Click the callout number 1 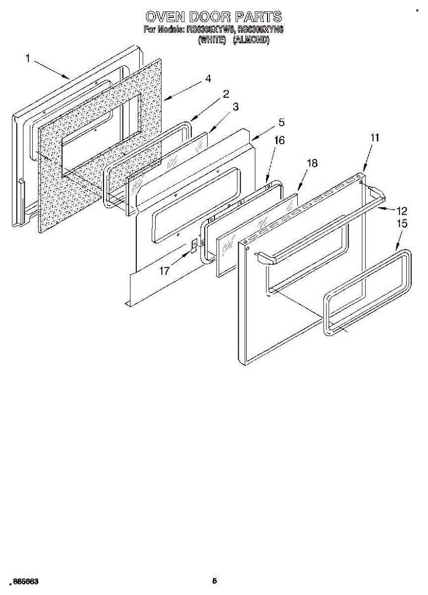tap(29, 59)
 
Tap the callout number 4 tap(209, 79)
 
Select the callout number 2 tap(225, 93)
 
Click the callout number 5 tap(281, 122)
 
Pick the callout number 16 tap(279, 141)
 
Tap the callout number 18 tap(313, 163)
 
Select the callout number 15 tap(402, 224)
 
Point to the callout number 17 tap(164, 271)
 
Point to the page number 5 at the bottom tap(214, 581)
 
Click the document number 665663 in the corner tap(26, 581)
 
